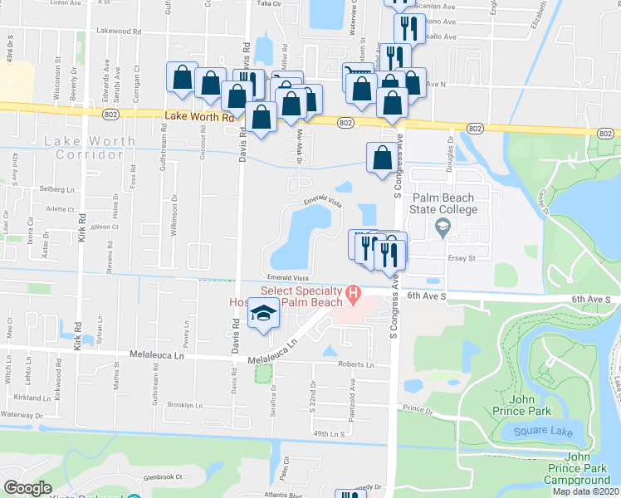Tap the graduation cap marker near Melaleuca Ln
tap(264, 315)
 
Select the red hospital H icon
tap(354, 292)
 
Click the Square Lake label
tap(531, 431)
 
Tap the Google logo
tap(27, 487)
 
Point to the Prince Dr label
tap(418, 409)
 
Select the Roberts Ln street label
tap(355, 364)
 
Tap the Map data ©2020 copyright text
tap(584, 491)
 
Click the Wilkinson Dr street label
tap(174, 215)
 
